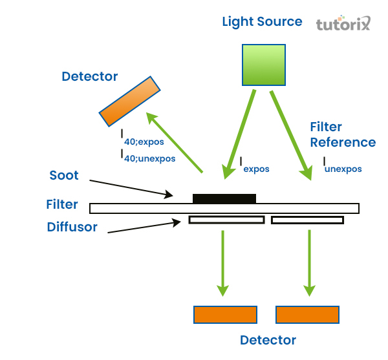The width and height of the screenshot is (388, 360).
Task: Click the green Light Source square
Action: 263,65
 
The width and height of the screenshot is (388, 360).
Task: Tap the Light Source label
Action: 262,21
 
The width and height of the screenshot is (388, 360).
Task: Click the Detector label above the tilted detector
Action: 90,77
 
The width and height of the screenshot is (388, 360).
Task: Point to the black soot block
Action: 224,198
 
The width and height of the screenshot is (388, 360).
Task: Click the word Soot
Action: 64,175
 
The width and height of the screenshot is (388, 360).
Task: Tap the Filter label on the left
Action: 62,205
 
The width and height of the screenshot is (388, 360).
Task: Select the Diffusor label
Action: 72,227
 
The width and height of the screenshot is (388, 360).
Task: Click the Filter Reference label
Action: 342,134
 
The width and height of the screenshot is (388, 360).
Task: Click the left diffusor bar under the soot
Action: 226,220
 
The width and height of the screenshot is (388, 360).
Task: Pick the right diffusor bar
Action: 307,220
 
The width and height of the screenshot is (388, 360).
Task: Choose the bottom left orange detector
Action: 225,315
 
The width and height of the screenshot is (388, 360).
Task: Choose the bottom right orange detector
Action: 308,315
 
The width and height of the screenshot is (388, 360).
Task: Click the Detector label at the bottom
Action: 268,340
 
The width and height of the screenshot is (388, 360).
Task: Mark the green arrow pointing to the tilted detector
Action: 175,143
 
